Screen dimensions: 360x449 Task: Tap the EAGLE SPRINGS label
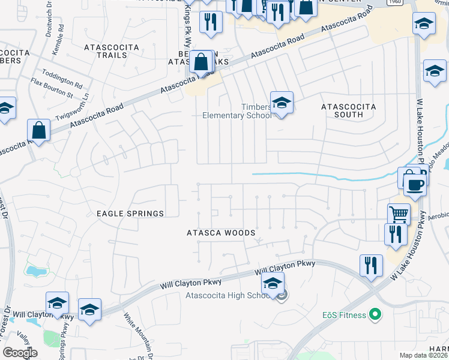click(x=130, y=214)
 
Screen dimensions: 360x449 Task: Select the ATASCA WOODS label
click(x=221, y=233)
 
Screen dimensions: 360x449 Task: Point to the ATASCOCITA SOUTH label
click(x=349, y=110)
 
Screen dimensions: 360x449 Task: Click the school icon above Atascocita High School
click(x=273, y=284)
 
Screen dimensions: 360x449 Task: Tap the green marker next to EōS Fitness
click(x=375, y=313)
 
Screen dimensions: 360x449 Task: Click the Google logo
click(x=20, y=353)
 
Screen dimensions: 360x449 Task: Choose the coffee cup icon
click(x=414, y=185)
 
